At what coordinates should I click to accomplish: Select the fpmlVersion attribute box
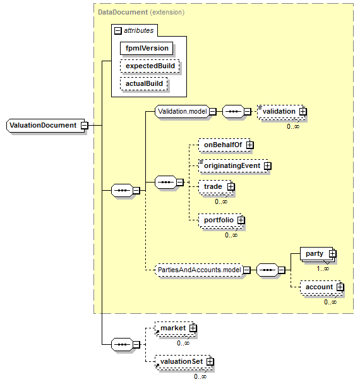click(147, 48)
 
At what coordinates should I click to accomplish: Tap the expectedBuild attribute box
click(150, 66)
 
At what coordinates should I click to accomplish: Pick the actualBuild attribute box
click(144, 84)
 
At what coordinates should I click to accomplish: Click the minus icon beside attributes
click(118, 30)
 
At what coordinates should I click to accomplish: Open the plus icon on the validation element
click(303, 111)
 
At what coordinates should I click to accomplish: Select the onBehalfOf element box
click(224, 145)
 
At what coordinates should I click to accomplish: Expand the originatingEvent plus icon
click(268, 166)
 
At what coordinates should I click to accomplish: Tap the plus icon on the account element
click(340, 287)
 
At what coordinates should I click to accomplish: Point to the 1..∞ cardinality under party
click(323, 268)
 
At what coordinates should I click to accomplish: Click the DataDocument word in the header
click(123, 12)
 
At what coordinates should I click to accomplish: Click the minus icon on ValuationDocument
click(85, 126)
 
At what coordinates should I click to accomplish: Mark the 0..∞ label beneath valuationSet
click(200, 376)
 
